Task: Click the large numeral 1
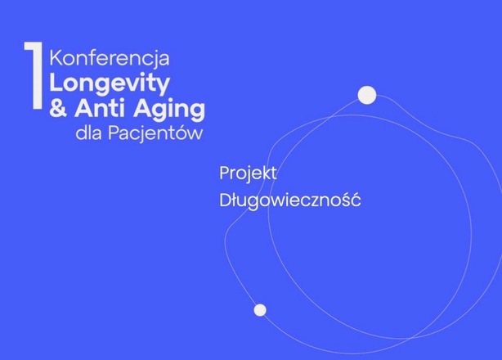point(34,77)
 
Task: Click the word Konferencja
point(109,60)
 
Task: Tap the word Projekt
point(249,174)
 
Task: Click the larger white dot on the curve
point(367,95)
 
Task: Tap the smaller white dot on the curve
point(260,310)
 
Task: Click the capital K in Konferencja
point(56,59)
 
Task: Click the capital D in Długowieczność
point(225,199)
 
